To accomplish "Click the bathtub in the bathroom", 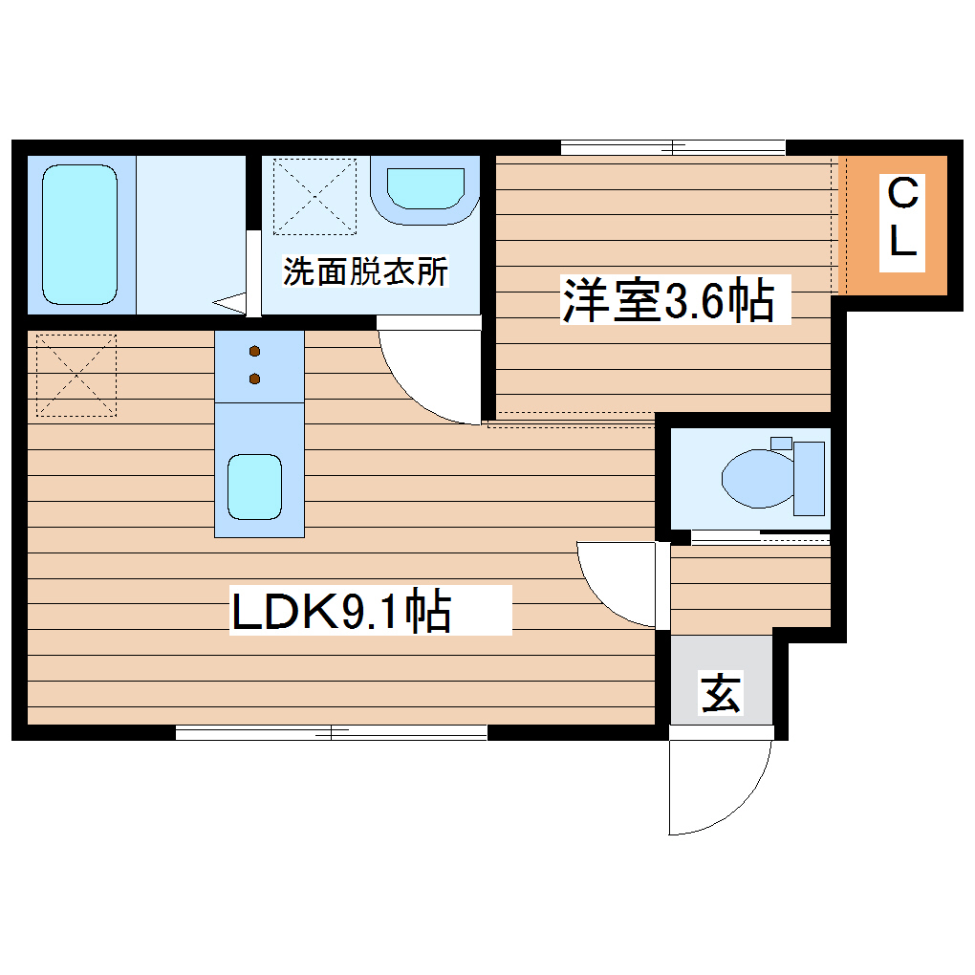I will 80,234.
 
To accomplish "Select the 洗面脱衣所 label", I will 365,272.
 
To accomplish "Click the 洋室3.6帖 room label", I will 667,300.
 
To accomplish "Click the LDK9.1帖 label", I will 341,612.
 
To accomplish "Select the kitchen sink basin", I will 254,487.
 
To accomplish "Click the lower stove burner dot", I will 255,379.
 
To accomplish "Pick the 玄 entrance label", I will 722,694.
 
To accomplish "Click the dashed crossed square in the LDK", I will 76,375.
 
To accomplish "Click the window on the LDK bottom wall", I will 331,733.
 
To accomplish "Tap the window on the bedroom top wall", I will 673,147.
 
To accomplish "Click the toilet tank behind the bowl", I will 810,477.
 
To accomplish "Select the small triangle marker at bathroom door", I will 229,304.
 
